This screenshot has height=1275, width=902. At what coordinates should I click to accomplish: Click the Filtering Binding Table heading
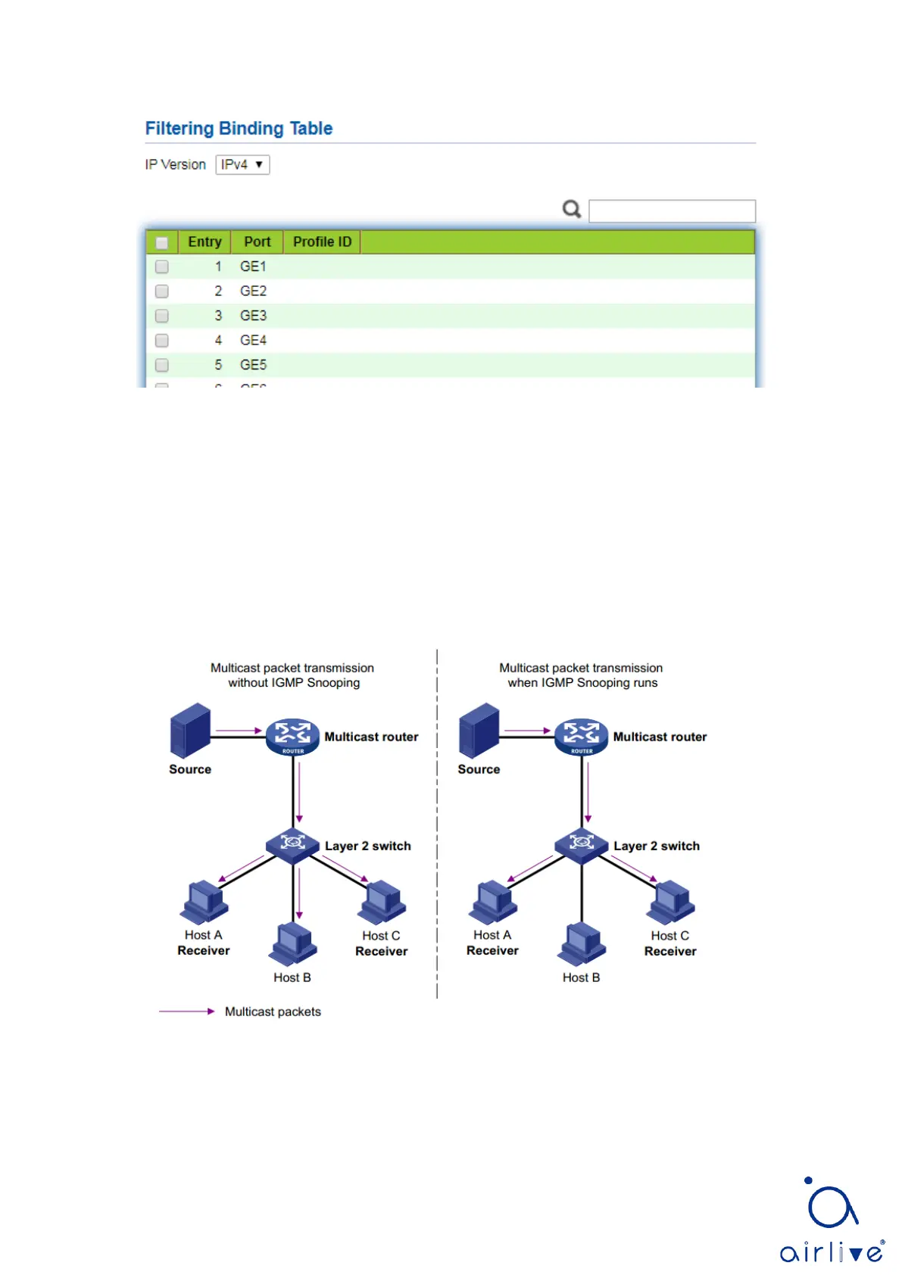pyautogui.click(x=239, y=129)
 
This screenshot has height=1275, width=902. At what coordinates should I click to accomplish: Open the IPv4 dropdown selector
pyautogui.click(x=242, y=164)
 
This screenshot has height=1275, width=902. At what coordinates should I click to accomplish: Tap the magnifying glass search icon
pyautogui.click(x=572, y=209)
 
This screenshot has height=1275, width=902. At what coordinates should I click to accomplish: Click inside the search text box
pyautogui.click(x=672, y=210)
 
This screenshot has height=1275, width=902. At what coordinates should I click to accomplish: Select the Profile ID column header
pyautogui.click(x=322, y=242)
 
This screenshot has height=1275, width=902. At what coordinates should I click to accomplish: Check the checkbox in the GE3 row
pyautogui.click(x=161, y=316)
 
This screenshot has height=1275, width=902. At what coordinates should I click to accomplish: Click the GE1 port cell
pyautogui.click(x=253, y=267)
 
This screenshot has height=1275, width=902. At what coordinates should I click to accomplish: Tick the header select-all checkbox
pyautogui.click(x=161, y=242)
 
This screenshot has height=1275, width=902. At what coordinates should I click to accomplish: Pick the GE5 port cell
pyautogui.click(x=253, y=365)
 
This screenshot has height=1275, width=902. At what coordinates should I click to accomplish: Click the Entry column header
pyautogui.click(x=204, y=242)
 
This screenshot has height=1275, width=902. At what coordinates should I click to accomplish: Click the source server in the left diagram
pyautogui.click(x=190, y=731)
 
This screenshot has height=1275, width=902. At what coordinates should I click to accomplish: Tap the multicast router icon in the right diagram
pyautogui.click(x=582, y=736)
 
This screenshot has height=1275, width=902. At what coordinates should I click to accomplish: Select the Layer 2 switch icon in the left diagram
pyautogui.click(x=293, y=843)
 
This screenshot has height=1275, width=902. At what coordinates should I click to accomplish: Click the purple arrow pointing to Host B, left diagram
pyautogui.click(x=300, y=893)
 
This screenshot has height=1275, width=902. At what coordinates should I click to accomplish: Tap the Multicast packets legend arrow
pyautogui.click(x=186, y=1012)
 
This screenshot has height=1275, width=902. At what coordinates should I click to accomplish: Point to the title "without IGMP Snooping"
pyautogui.click(x=294, y=683)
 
